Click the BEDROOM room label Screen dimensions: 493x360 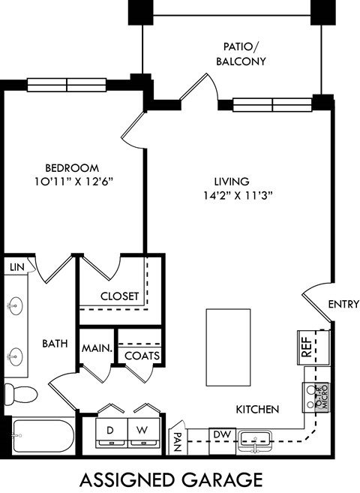click(71, 167)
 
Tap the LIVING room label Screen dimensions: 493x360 click(232, 181)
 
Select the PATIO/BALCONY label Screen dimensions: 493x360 click(241, 53)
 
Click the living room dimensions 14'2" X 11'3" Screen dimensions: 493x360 click(232, 195)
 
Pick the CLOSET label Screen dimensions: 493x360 click(120, 296)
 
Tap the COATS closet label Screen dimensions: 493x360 click(141, 356)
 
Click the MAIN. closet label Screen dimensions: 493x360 click(97, 348)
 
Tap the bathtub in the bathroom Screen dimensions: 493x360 click(41, 434)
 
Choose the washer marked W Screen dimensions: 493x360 click(142, 431)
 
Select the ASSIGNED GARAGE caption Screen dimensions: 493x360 click(171, 479)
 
